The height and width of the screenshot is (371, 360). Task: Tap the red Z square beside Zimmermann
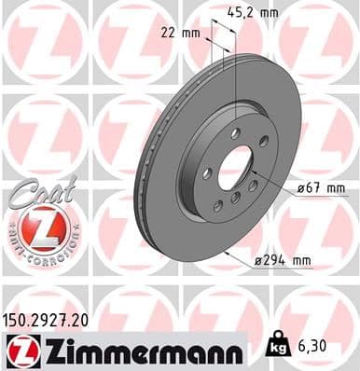tap(18, 350)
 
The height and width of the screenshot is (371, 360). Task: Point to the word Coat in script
tap(37, 191)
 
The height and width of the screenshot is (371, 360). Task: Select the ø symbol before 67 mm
tap(301, 189)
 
